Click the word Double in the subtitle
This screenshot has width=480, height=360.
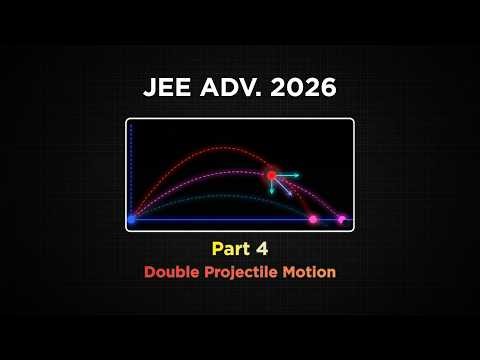tap(171, 272)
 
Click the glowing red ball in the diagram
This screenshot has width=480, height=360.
tap(271, 176)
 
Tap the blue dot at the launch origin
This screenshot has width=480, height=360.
tap(132, 218)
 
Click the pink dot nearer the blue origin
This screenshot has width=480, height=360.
tap(313, 218)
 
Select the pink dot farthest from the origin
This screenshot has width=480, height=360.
tap(342, 218)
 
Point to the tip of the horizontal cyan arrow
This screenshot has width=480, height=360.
tap(299, 176)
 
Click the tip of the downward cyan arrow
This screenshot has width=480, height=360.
tap(271, 194)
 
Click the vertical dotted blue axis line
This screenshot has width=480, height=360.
tap(132, 170)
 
